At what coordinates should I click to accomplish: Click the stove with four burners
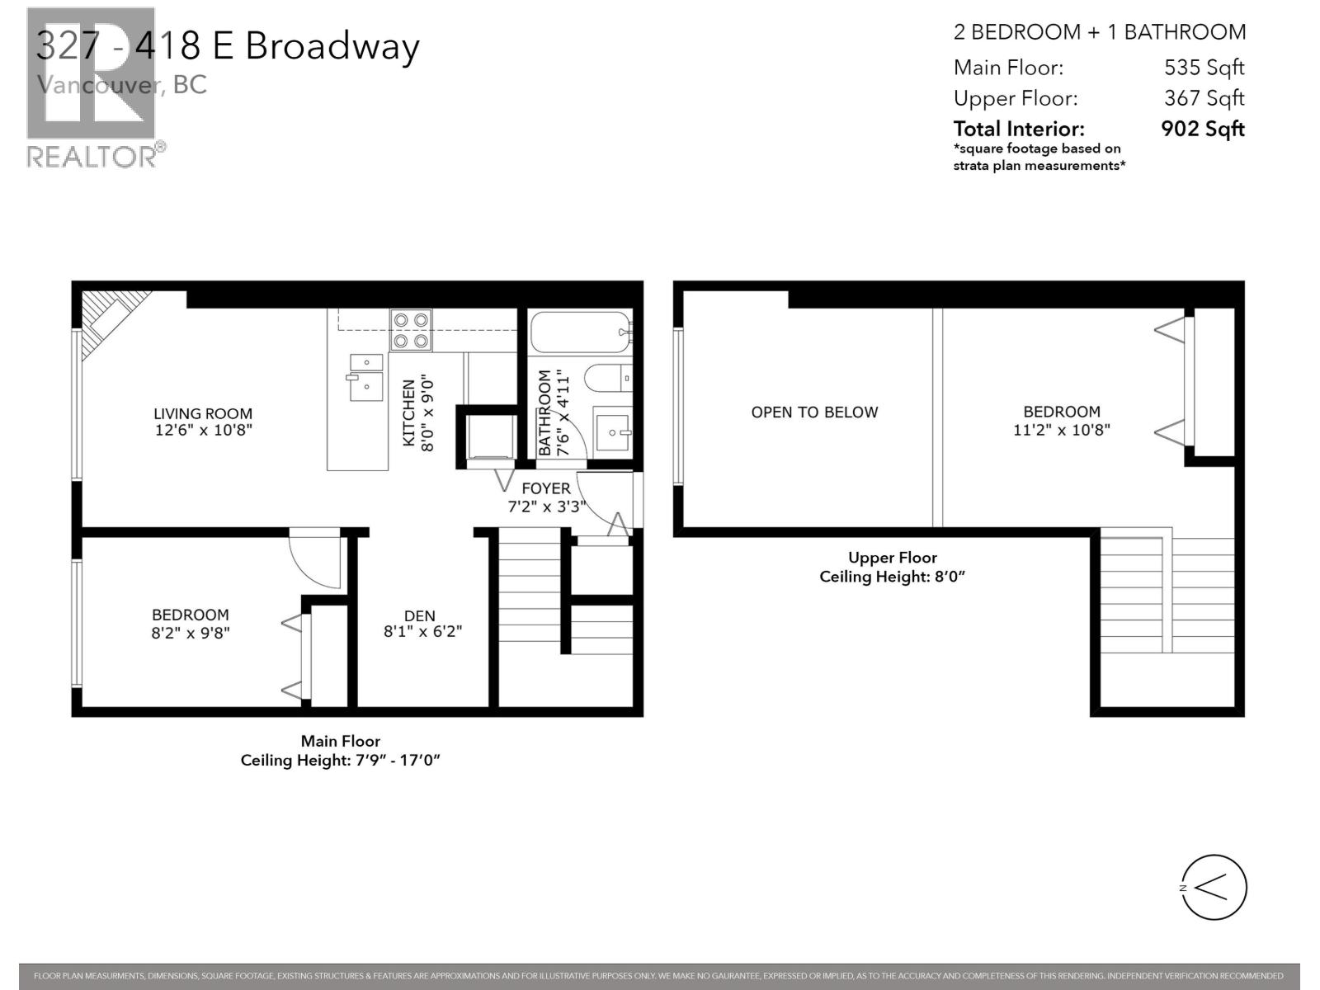[x=411, y=329]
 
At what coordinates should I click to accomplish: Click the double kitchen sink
[x=365, y=376]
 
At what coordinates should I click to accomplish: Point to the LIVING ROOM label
[x=203, y=413]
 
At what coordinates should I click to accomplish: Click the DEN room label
[x=420, y=615]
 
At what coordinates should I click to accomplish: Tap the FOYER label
[x=545, y=488]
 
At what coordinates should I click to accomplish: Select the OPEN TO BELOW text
[x=814, y=412]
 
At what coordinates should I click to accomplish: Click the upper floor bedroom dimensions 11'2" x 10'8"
[x=1062, y=430]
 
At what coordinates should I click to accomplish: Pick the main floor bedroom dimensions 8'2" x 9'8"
[x=191, y=634]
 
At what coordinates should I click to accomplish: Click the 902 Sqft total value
[x=1202, y=129]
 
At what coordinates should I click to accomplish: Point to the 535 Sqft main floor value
[x=1204, y=68]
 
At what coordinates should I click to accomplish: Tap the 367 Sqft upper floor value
[x=1204, y=98]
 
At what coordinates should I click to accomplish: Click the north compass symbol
[x=1214, y=888]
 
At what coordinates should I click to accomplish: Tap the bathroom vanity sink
[x=613, y=431]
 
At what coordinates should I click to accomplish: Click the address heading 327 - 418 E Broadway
[x=228, y=46]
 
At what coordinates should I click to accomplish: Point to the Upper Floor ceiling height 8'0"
[x=892, y=577]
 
